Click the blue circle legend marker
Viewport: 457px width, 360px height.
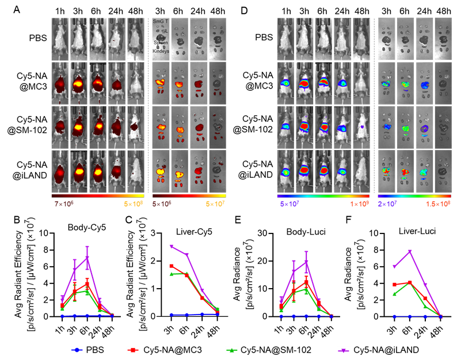77,350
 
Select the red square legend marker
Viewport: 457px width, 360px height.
133,350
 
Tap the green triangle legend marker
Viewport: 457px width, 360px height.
231,350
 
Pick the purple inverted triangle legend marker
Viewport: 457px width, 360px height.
344,350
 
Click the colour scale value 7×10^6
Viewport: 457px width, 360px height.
63,204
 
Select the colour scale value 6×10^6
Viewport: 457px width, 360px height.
163,204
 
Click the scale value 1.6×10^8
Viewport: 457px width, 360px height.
438,204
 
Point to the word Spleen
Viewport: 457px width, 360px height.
161,44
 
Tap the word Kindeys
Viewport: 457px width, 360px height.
161,51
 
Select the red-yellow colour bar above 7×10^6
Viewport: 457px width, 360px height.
98,196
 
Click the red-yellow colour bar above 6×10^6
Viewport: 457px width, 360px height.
189,196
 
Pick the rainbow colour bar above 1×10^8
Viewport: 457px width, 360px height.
323,196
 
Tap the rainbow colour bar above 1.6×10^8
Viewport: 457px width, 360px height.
414,196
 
